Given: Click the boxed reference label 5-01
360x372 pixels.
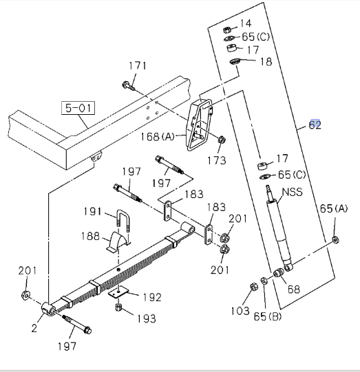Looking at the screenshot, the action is point(78,108).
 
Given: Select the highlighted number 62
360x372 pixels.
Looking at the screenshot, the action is point(315,124).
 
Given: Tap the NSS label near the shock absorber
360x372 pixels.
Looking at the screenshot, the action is point(293,192).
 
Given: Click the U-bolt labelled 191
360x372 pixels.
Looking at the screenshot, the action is point(123,219).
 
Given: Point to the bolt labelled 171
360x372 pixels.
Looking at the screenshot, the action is point(129,86).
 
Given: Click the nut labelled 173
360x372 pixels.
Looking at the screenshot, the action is point(222,140).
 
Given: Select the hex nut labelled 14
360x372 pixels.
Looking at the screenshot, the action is point(226,30).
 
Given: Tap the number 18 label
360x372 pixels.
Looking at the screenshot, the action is point(266,62).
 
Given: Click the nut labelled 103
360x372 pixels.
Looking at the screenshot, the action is point(253,287).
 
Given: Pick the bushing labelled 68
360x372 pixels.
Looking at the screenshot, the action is point(278,273).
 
